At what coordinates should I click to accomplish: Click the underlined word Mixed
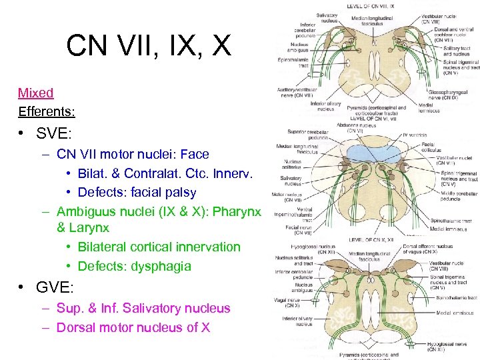coord(35,93)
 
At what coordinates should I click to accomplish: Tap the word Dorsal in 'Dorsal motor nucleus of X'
coord(76,327)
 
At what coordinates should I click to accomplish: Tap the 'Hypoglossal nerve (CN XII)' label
coord(446,347)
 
